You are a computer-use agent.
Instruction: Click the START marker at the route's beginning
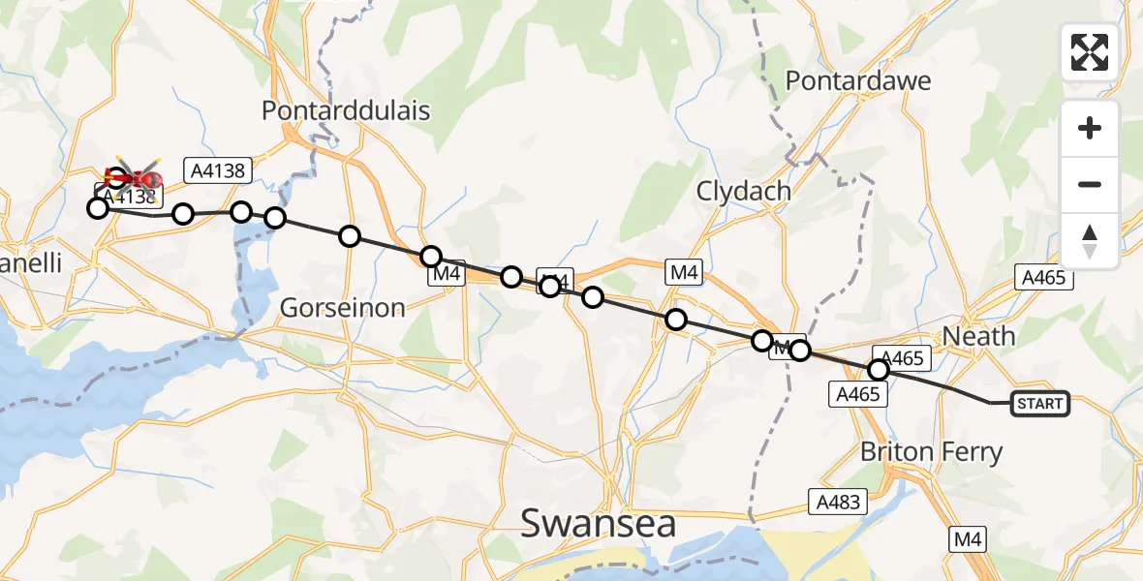tap(1040, 404)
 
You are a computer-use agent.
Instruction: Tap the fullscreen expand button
tap(1090, 52)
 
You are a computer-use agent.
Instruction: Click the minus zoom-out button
tap(1090, 184)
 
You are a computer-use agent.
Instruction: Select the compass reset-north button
tap(1090, 241)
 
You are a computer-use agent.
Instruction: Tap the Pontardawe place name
tap(858, 79)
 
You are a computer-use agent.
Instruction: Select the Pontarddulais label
tap(346, 109)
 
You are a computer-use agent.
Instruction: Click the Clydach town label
tap(744, 191)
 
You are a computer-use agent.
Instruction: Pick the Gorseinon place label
tap(342, 308)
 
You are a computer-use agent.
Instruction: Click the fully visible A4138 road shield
tap(221, 171)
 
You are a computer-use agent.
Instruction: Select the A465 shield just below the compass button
tap(1044, 278)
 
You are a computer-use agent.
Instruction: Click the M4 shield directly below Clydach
tap(684, 274)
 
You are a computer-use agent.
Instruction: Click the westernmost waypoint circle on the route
tap(98, 208)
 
